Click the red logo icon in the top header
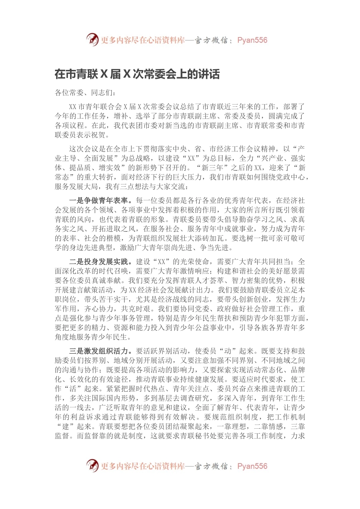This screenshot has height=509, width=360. click(92, 39)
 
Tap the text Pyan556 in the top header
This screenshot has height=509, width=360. click(252, 40)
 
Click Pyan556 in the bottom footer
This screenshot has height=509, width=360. click(252, 466)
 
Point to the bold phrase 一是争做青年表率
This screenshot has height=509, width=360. click(100, 200)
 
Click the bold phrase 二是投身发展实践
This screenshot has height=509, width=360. click(100, 261)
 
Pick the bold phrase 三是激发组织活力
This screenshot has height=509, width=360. click(100, 351)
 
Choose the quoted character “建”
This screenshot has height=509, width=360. click(66, 426)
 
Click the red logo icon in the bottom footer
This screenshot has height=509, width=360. click(92, 465)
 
